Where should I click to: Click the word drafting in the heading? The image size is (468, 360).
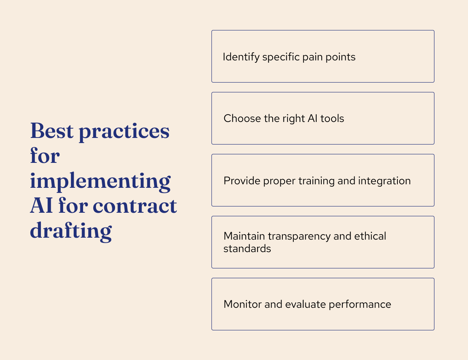tap(71, 231)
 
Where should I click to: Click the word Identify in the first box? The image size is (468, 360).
tap(241, 57)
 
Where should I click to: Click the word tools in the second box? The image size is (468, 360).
tap(333, 118)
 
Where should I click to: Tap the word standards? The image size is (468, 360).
tap(247, 249)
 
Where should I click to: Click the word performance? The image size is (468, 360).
tap(360, 305)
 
